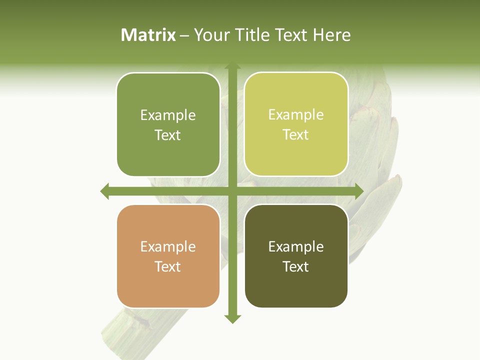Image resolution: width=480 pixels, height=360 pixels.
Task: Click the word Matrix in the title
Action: [x=148, y=35]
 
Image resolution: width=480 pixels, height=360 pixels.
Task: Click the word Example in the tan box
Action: [x=168, y=246]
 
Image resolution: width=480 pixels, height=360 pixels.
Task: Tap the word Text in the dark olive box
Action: [x=296, y=266]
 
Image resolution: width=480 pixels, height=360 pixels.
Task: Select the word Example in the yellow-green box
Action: [x=296, y=114]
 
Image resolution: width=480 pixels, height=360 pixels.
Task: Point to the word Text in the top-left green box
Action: [x=168, y=135]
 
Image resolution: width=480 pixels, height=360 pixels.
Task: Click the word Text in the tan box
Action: [x=168, y=266]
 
